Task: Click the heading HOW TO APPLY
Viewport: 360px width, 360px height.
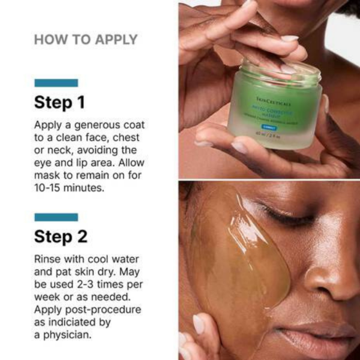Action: [86, 40]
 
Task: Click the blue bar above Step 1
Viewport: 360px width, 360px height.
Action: [56, 83]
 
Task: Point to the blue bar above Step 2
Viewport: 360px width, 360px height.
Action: [56, 217]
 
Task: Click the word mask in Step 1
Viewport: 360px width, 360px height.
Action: [48, 175]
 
